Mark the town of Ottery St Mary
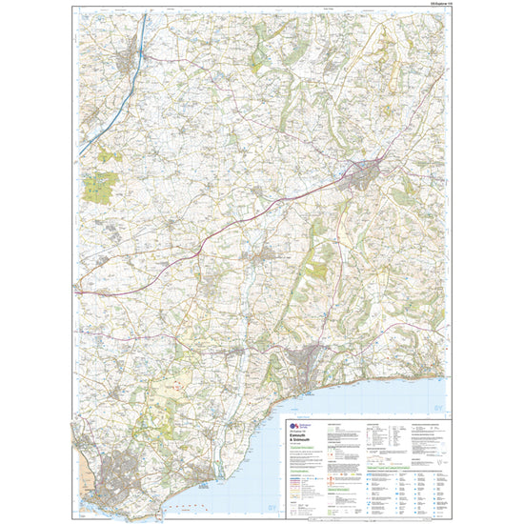tap(256, 257)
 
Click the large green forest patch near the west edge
tap(97, 187)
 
